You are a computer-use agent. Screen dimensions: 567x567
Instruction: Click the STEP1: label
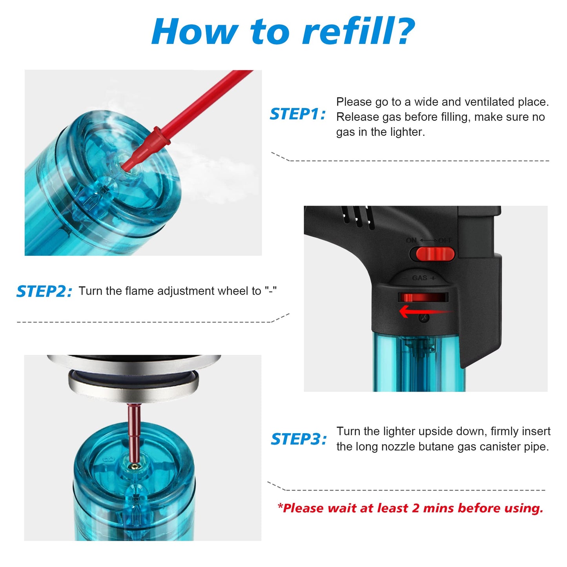(x=297, y=114)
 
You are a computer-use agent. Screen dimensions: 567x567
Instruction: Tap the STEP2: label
(x=44, y=291)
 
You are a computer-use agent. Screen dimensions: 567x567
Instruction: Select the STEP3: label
(x=299, y=439)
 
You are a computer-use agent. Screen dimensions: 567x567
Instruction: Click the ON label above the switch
(x=411, y=240)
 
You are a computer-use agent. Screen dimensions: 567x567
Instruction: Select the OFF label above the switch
(x=445, y=241)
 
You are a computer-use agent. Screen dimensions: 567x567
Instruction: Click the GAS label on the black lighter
(x=419, y=277)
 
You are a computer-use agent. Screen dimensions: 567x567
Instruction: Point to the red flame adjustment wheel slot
(x=423, y=297)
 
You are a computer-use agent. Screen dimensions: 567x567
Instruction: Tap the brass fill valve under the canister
(x=135, y=466)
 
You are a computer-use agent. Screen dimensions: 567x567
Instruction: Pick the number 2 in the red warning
(x=416, y=508)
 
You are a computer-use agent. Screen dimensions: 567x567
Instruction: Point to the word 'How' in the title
(x=195, y=31)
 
